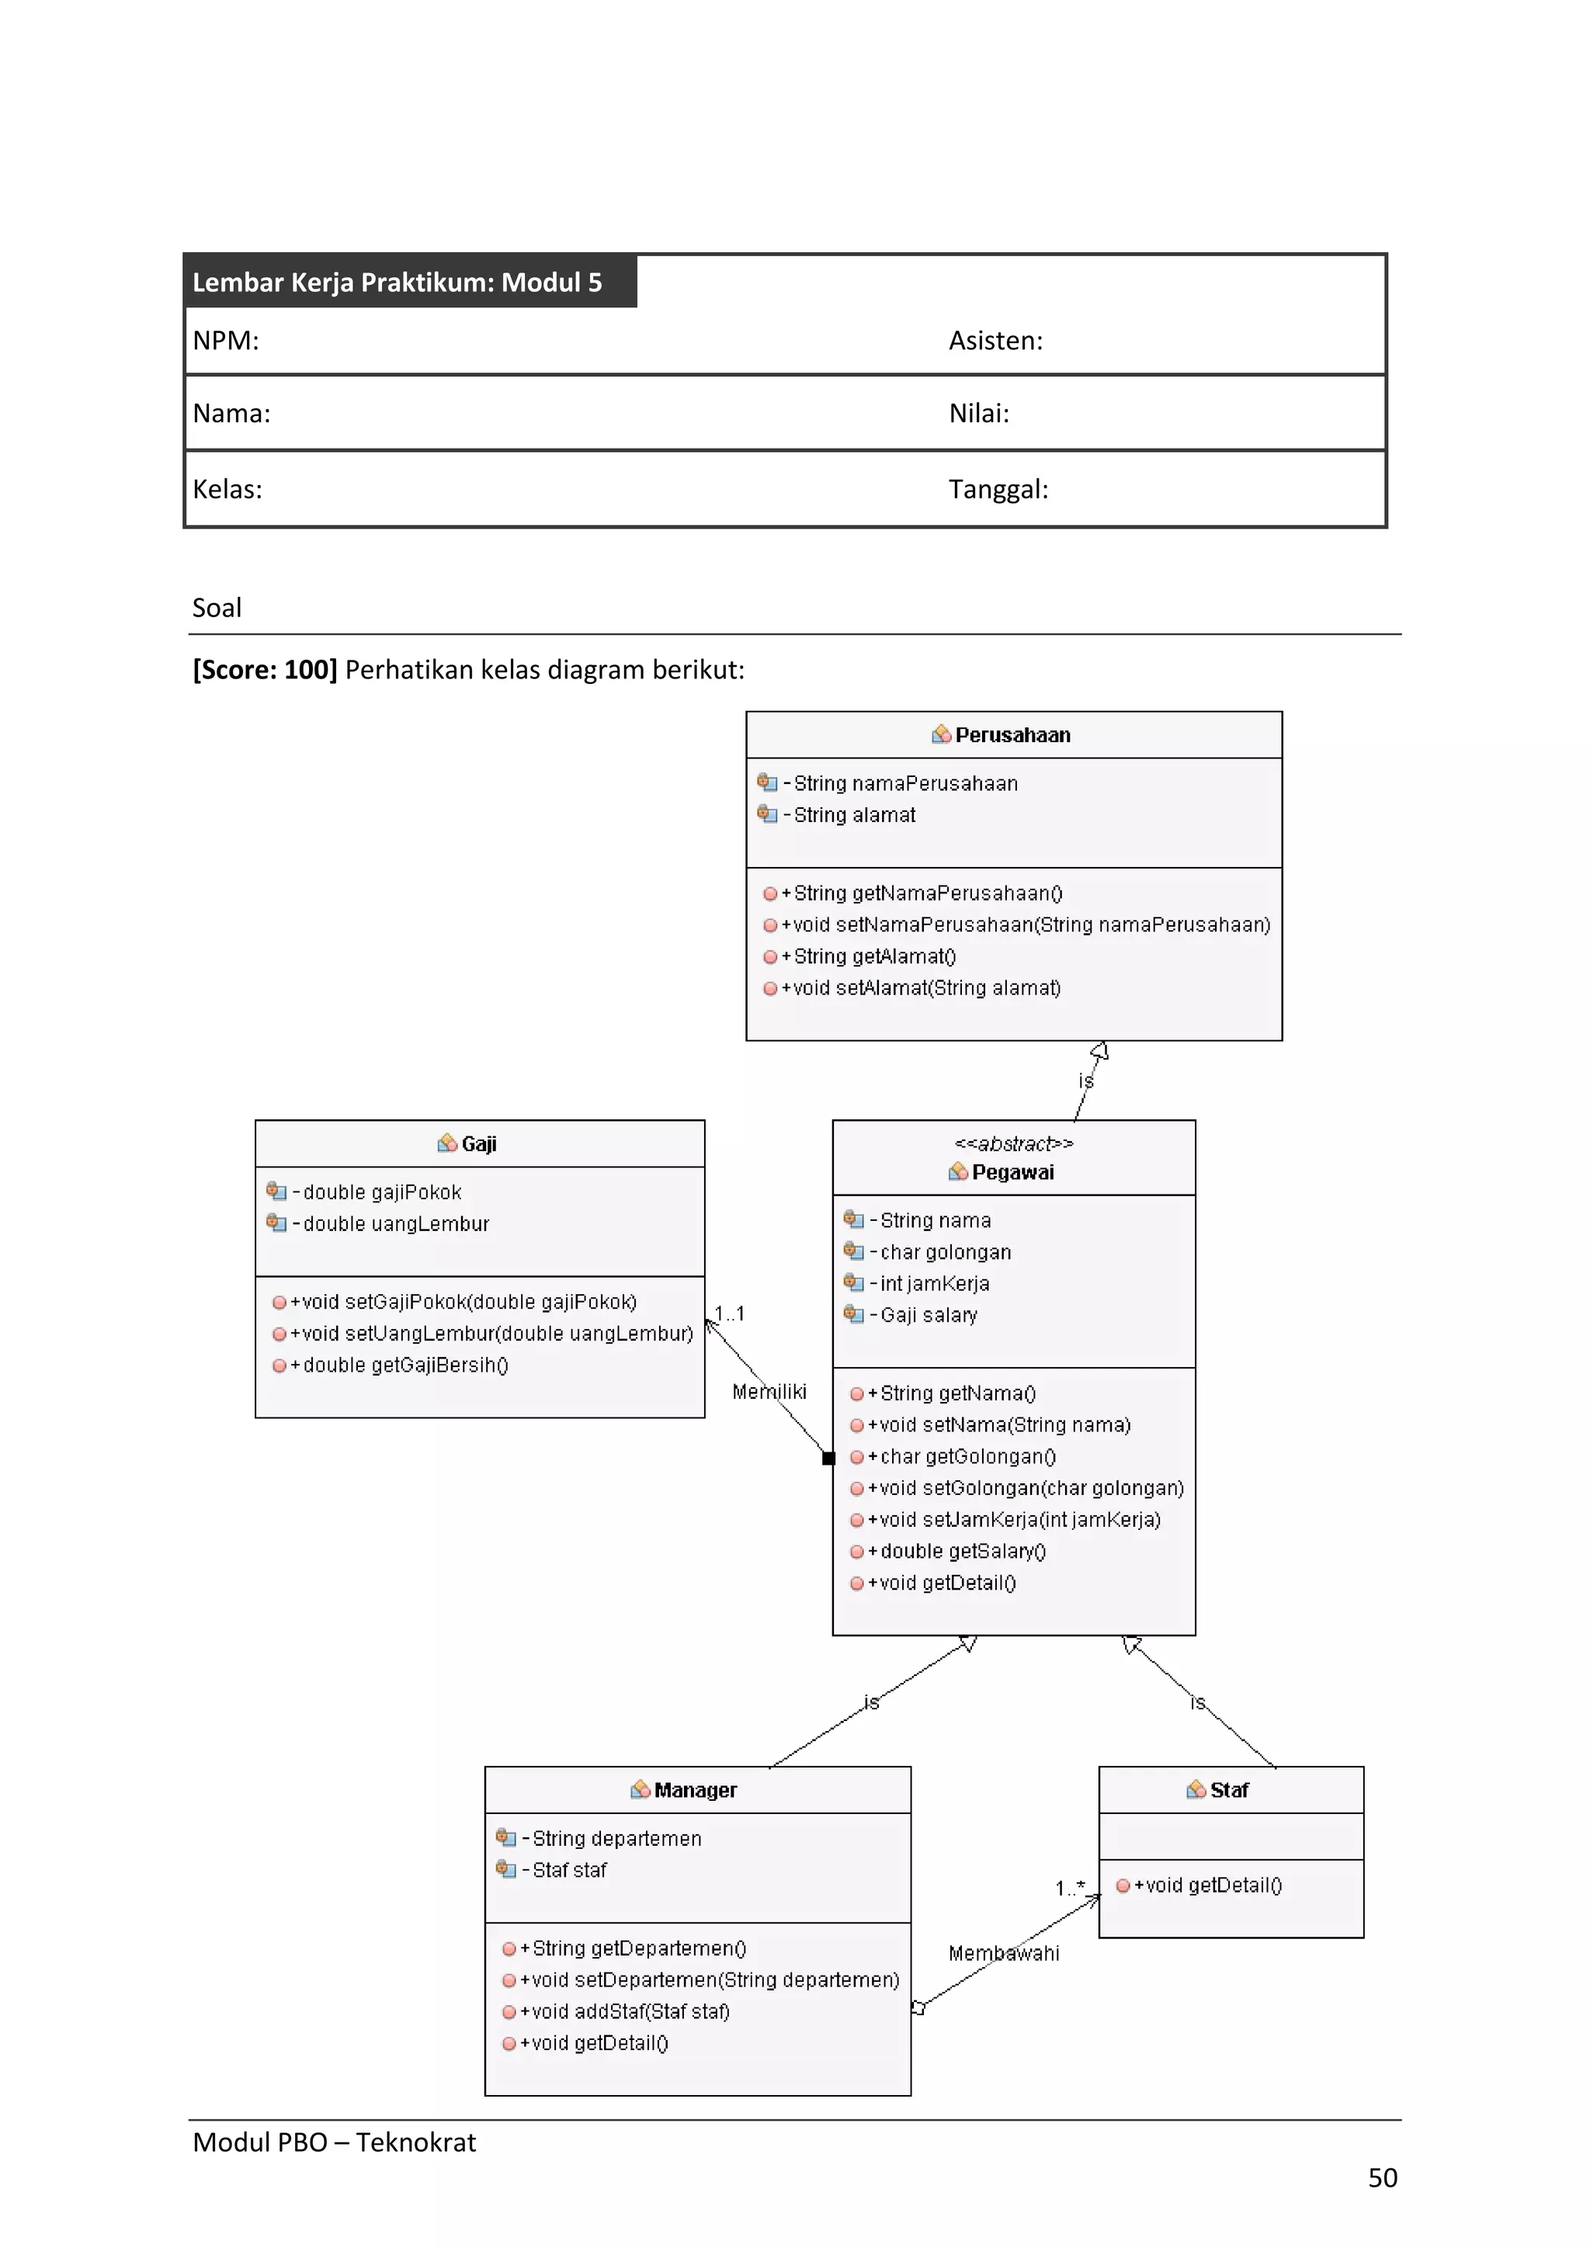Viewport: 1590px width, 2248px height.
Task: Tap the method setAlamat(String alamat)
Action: [926, 988]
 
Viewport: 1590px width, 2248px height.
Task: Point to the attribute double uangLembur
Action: [394, 1224]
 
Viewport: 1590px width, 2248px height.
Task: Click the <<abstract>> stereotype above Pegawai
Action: [1013, 1143]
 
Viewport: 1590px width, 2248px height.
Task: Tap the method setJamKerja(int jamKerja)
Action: [1019, 1520]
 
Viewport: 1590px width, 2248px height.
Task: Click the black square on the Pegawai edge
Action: [828, 1458]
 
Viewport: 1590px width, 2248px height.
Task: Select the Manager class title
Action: [695, 1790]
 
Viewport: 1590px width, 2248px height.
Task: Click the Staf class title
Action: [1229, 1790]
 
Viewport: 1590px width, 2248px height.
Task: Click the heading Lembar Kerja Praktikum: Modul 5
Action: [397, 283]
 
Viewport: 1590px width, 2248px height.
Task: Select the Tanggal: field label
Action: [998, 490]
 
